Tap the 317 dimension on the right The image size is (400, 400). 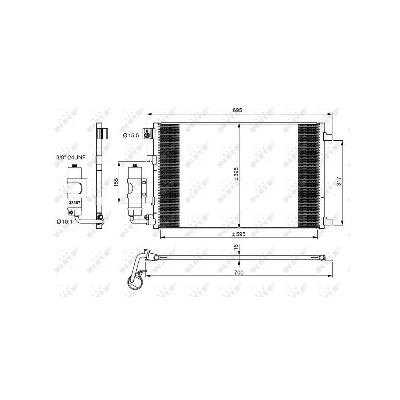(338, 182)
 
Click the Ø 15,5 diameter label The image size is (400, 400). (132, 135)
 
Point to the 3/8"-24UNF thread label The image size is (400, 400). (71, 157)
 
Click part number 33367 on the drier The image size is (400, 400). (75, 203)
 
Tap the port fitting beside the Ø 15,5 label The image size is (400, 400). (147, 133)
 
